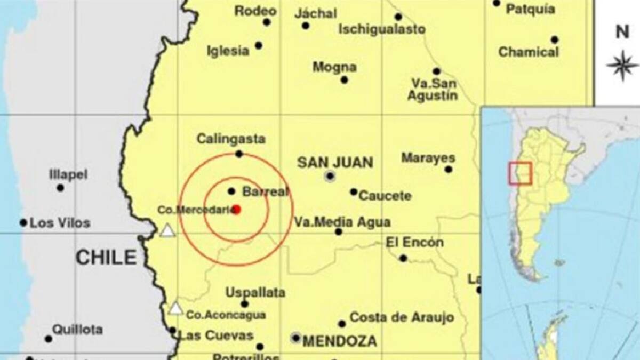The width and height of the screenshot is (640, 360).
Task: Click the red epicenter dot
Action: tap(236, 210)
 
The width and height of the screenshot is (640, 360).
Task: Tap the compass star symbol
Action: tap(622, 66)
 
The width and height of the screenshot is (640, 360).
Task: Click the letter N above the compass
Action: tap(622, 32)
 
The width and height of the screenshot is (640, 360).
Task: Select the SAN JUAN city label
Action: tap(335, 162)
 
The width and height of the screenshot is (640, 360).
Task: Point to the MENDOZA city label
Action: tap(340, 341)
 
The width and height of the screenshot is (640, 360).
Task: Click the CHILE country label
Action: tap(106, 258)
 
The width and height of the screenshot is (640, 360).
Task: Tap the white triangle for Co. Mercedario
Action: tap(167, 230)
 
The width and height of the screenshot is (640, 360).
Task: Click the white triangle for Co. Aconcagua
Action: tap(175, 308)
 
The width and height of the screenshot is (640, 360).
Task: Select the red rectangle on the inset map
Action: tap(520, 173)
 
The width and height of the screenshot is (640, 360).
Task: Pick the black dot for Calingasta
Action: tap(239, 154)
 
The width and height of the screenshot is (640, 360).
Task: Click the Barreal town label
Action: tap(265, 191)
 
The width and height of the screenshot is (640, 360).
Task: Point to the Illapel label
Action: tap(68, 174)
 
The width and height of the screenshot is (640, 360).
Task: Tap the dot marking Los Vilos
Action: tap(23, 222)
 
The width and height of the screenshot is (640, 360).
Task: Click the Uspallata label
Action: tap(255, 292)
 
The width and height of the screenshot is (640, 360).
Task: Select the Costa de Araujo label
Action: tap(402, 317)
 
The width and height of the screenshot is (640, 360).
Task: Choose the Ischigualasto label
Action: tap(382, 29)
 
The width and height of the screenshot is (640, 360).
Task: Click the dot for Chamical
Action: tap(555, 39)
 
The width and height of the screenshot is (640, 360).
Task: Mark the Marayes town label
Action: tap(428, 158)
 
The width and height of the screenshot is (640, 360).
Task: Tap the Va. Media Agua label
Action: tap(343, 221)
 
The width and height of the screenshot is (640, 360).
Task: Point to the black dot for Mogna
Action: tap(344, 80)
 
